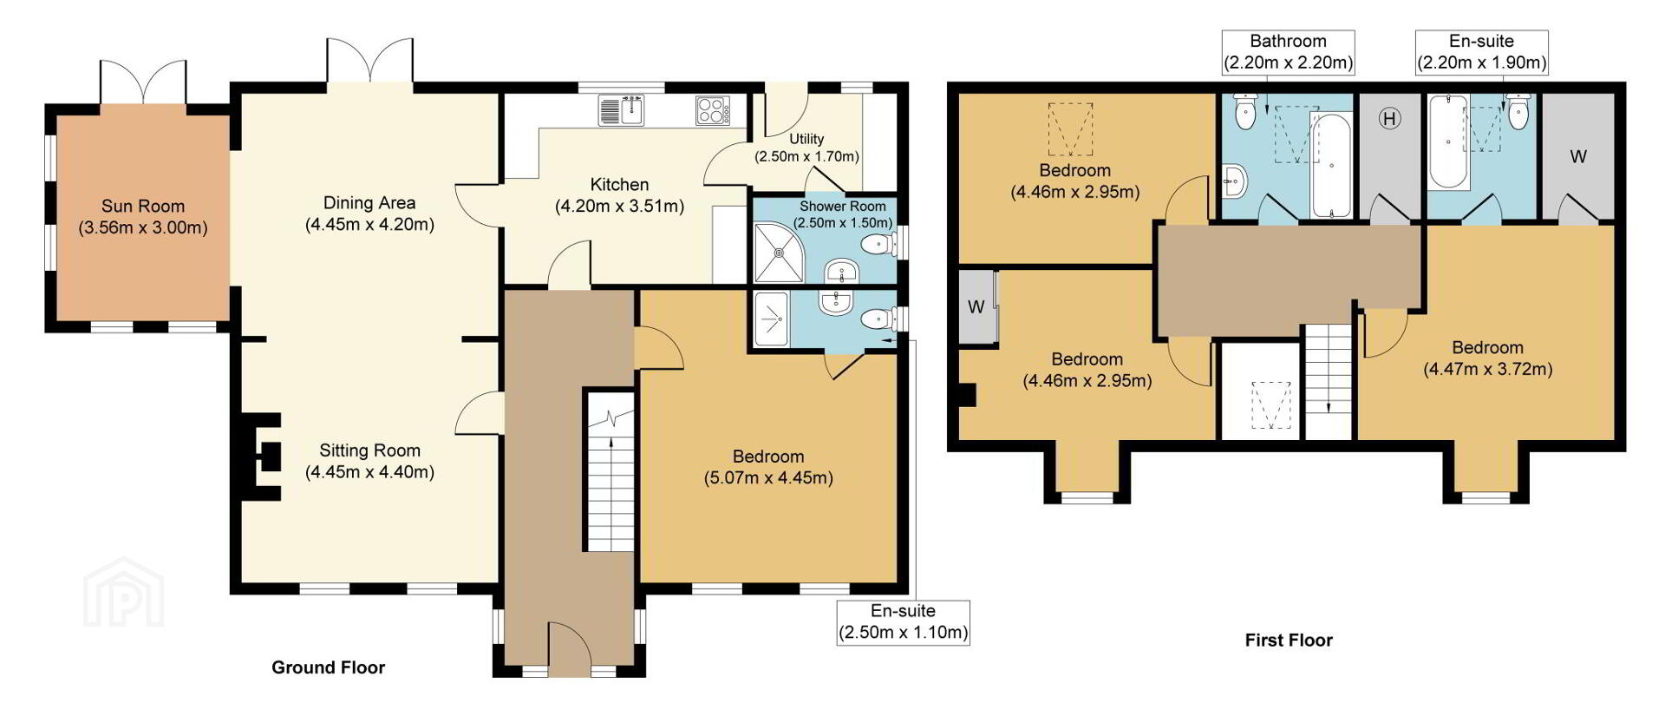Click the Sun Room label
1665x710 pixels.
click(x=143, y=207)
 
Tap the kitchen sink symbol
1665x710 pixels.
click(x=621, y=110)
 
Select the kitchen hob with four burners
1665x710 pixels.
click(x=712, y=110)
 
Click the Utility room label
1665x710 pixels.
click(x=806, y=139)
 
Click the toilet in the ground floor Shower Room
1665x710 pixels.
click(x=879, y=245)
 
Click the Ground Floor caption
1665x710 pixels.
click(x=328, y=667)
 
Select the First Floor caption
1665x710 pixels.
click(x=1289, y=641)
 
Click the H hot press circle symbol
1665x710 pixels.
click(x=1389, y=118)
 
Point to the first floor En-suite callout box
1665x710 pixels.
click(x=1481, y=52)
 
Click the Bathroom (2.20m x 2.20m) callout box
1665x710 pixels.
click(x=1288, y=52)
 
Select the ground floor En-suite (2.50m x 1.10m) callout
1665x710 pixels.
click(x=903, y=622)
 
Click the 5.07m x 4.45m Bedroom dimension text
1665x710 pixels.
click(x=768, y=478)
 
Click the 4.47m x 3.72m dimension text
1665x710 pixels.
click(x=1488, y=369)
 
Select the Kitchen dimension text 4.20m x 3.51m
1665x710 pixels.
click(x=619, y=207)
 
